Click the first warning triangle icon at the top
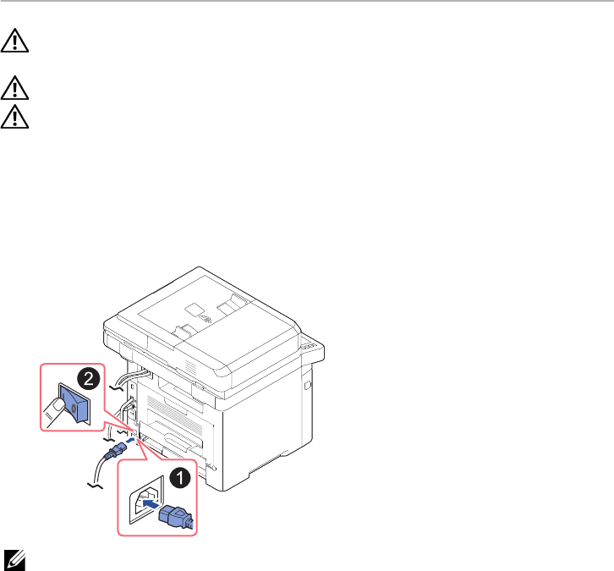14,42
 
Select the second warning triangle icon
14,86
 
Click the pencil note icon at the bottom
14,557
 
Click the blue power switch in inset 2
69,405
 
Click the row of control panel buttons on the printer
310,345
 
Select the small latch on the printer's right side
307,386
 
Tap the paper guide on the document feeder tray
183,328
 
